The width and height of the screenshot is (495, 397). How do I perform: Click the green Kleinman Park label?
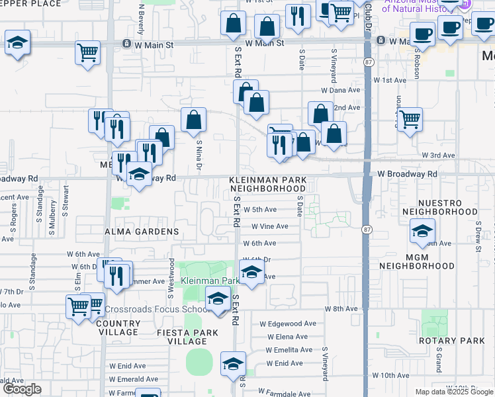[x=211, y=281]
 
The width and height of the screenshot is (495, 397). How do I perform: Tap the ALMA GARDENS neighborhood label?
[x=141, y=232]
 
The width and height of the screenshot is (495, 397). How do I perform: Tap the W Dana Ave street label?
[x=340, y=89]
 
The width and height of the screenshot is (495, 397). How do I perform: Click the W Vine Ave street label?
[x=269, y=226]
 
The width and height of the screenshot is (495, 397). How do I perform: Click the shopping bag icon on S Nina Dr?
[x=193, y=120]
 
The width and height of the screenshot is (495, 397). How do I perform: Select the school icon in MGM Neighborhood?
[x=422, y=232]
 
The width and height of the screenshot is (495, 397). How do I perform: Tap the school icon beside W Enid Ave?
[x=232, y=365]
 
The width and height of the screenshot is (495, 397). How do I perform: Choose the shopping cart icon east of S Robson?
[x=410, y=120]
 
